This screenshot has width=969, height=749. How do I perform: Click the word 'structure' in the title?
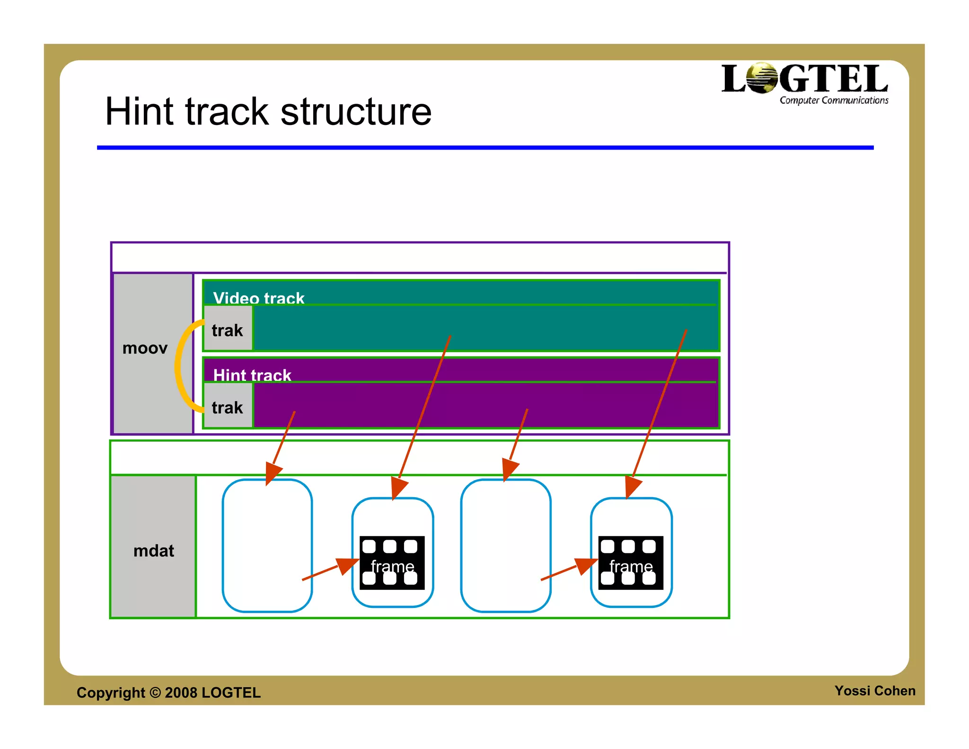click(x=356, y=112)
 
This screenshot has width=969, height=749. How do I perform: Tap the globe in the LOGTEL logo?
click(x=762, y=78)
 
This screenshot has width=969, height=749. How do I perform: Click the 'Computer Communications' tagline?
click(x=834, y=100)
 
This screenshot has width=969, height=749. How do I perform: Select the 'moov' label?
click(x=145, y=348)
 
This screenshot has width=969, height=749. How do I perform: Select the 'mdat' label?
click(x=153, y=551)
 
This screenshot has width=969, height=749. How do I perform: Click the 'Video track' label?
click(x=258, y=297)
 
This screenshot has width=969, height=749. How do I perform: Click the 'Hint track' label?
click(x=252, y=374)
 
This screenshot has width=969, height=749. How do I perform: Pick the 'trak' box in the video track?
click(x=228, y=330)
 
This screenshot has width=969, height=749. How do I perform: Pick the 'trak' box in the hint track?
click(x=228, y=407)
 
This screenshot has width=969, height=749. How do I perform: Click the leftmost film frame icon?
click(x=392, y=563)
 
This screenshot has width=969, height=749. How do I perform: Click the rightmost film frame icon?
click(x=631, y=563)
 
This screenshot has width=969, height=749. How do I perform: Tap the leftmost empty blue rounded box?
click(x=267, y=545)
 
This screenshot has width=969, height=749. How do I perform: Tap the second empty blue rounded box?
click(x=505, y=545)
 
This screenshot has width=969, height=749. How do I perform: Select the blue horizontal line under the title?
click(x=485, y=148)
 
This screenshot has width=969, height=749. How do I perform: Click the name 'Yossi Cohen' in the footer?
click(x=874, y=691)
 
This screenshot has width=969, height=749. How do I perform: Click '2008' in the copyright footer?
click(x=181, y=693)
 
